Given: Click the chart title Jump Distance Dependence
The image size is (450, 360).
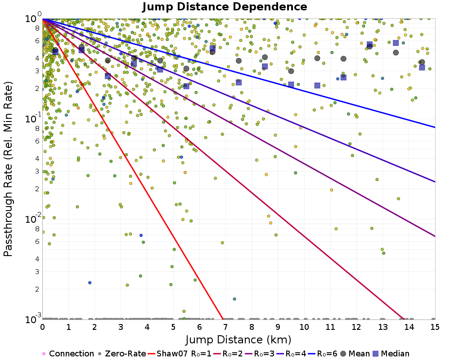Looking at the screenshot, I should click(x=225, y=7).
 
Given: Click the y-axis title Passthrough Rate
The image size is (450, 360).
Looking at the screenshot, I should click(x=8, y=169).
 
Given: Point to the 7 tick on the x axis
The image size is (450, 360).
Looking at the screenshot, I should click(x=226, y=325).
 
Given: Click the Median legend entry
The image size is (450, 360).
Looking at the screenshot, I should click(x=391, y=354).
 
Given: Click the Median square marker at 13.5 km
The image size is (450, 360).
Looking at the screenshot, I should click(x=396, y=43).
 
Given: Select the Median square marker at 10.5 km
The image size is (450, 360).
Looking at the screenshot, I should click(x=317, y=85).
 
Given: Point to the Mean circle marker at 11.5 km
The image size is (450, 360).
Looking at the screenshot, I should click(x=343, y=58).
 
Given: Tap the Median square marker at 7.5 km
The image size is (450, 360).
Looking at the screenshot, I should click(x=238, y=82).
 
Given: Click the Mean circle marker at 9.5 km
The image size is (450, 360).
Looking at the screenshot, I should click(x=291, y=71).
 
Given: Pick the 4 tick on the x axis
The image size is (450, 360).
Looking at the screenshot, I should click(x=147, y=325).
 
